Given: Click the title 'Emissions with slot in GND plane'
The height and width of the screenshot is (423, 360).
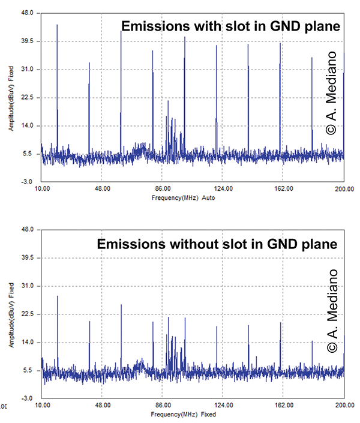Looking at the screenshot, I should pos(231,26).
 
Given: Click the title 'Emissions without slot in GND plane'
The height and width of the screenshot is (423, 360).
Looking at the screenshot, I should pos(218,244).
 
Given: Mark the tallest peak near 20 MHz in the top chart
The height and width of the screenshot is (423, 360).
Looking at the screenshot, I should pos(57,25).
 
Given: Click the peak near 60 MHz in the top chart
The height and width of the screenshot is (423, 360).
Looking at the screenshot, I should pos(121,32).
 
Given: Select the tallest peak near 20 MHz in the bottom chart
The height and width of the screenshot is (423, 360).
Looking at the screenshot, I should pos(58,296).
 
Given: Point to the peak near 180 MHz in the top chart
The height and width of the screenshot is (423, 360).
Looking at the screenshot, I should pos(312,58).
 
